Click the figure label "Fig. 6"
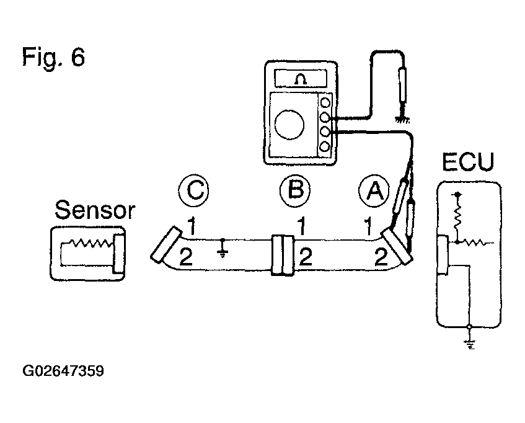[x=53, y=57]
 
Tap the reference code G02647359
[x=63, y=371]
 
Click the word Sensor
[x=95, y=210]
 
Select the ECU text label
[x=468, y=162]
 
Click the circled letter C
[x=193, y=190]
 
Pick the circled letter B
[x=295, y=190]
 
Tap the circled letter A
[x=374, y=190]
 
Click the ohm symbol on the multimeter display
[x=301, y=79]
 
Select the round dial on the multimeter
[x=289, y=124]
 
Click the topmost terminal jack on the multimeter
[x=325, y=102]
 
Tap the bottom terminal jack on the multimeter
[x=324, y=146]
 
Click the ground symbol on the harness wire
[x=223, y=249]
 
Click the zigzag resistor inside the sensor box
[x=90, y=243]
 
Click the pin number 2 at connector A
[x=381, y=257]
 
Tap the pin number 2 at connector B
[x=306, y=257]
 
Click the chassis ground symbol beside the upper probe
[x=402, y=118]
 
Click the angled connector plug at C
[x=166, y=244]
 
